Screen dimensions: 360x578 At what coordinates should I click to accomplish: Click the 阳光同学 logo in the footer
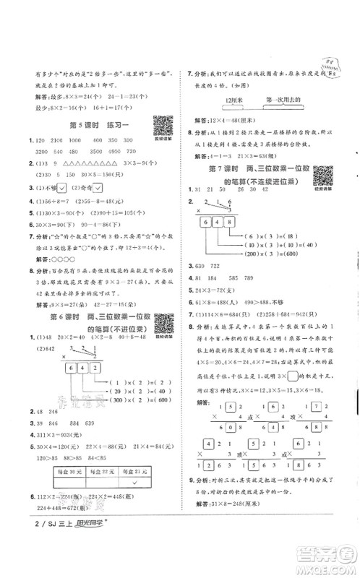(80, 564)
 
